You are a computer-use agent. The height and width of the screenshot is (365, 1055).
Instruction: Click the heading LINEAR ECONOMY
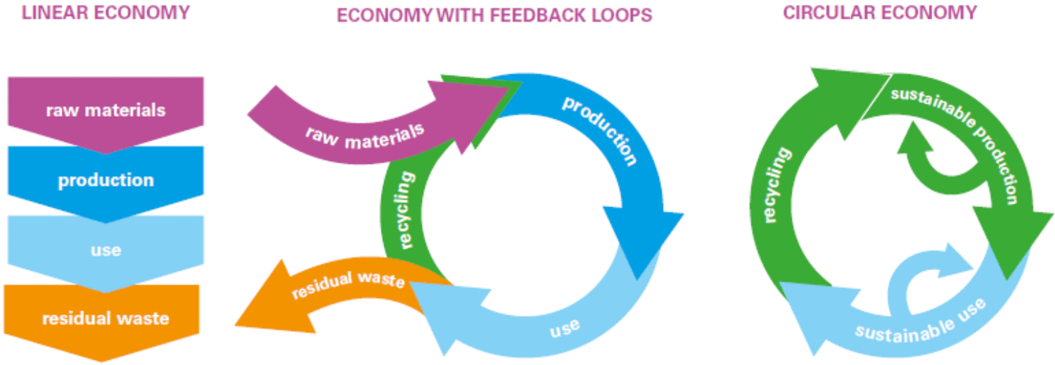click(x=105, y=13)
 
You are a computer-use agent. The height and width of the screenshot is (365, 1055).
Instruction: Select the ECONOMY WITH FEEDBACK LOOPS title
click(x=494, y=15)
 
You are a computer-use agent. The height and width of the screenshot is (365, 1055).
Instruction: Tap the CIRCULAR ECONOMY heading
click(x=880, y=13)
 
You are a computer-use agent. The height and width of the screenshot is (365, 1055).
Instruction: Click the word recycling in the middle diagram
click(x=404, y=210)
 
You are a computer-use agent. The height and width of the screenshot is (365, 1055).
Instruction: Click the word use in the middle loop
click(x=565, y=328)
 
